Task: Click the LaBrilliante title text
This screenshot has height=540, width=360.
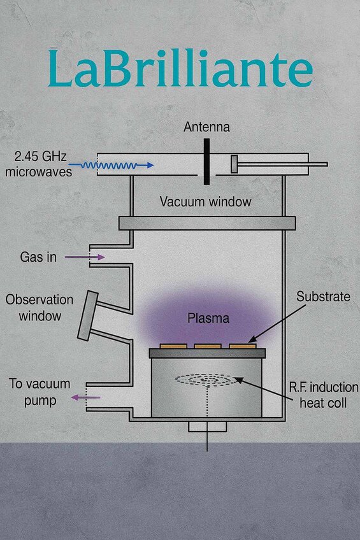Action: [180, 70]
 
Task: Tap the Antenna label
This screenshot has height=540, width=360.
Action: [206, 127]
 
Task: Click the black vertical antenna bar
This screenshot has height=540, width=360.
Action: [206, 162]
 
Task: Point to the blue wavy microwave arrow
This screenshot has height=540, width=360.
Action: [111, 165]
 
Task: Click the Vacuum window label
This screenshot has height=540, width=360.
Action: [205, 201]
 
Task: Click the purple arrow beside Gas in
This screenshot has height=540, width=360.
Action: [92, 257]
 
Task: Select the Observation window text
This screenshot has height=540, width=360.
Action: [40, 306]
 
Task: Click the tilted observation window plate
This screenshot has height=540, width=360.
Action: [87, 316]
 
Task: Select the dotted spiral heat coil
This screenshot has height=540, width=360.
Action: [206, 380]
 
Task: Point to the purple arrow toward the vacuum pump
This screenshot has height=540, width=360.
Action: [85, 397]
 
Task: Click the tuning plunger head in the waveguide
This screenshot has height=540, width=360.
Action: [234, 164]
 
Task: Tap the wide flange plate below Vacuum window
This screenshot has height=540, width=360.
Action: [206, 223]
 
